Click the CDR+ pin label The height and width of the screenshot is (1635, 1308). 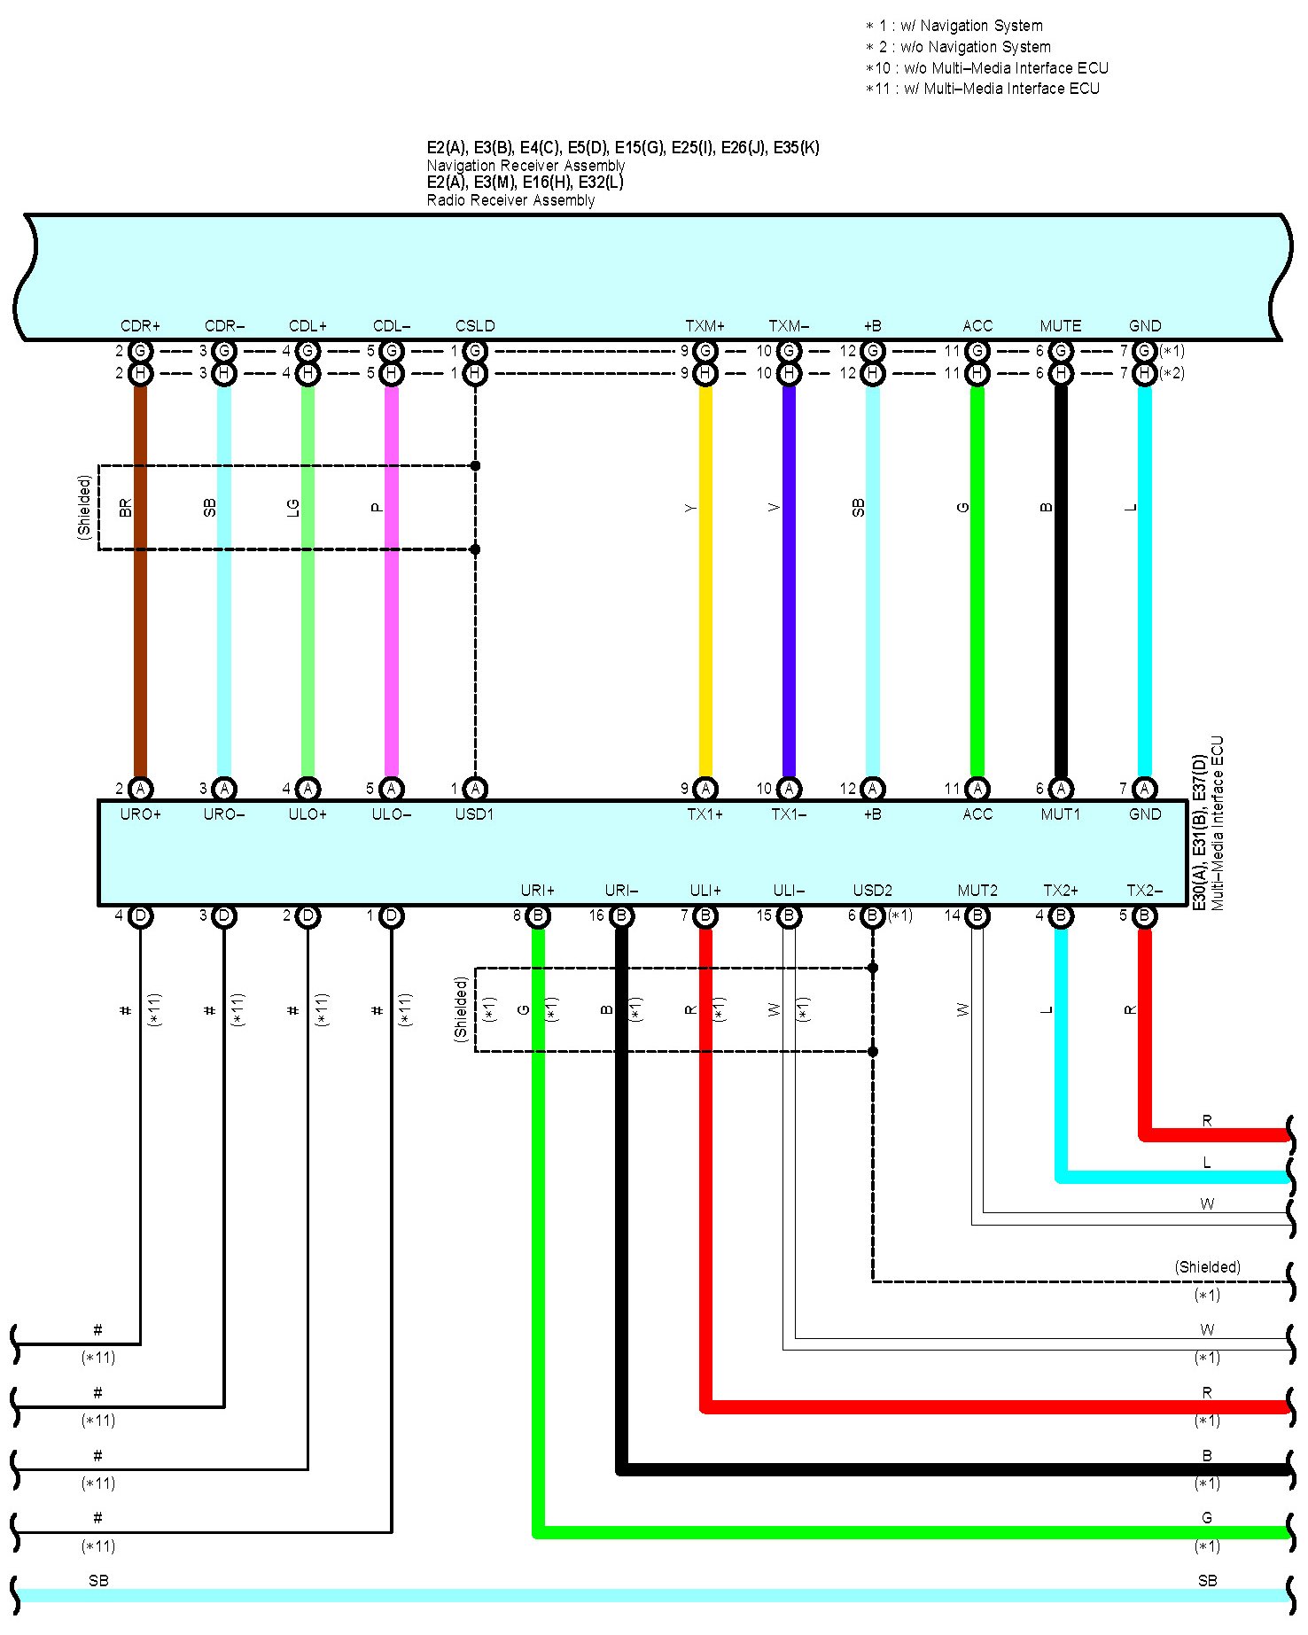pos(140,326)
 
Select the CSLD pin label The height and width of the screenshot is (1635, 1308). pos(475,326)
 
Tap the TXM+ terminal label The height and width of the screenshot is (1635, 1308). pos(705,326)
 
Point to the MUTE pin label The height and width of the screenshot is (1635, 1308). pos(1060,326)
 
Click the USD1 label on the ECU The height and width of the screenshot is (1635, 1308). pos(474,814)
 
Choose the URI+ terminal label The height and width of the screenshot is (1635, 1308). pos(537,891)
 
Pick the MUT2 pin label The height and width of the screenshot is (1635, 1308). pos(977,891)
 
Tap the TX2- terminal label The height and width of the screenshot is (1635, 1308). pos(1144,891)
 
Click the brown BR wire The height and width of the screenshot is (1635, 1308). pos(140,620)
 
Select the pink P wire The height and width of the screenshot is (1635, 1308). pos(391,620)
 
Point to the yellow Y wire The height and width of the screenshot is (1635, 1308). pos(705,620)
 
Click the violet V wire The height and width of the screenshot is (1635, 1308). pos(789,620)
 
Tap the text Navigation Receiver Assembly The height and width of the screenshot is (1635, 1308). pos(526,166)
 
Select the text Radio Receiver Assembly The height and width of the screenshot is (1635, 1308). pos(510,200)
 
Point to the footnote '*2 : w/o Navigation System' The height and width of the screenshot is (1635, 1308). pos(958,47)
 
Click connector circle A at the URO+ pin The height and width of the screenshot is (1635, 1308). pos(140,788)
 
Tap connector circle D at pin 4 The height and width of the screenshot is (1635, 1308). pos(140,915)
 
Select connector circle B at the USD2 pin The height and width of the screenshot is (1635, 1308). pos(872,915)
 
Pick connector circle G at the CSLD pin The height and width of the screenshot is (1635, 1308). pos(475,351)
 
